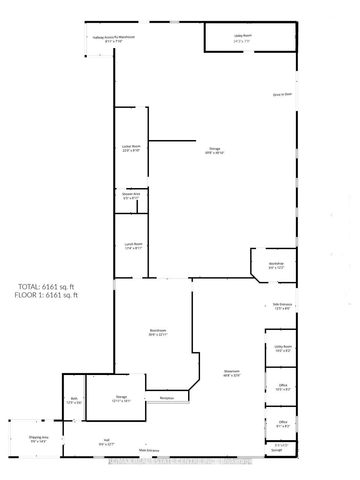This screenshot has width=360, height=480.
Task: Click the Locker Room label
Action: (x=131, y=146)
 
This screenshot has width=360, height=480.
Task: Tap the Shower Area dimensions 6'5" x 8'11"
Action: (x=131, y=198)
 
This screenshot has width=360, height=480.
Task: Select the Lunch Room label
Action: (x=133, y=244)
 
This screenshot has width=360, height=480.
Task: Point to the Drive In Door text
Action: (x=282, y=94)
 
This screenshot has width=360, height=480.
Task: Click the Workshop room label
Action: (x=276, y=263)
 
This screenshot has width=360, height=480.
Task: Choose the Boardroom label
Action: (x=158, y=330)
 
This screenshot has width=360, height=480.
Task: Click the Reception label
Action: (x=167, y=398)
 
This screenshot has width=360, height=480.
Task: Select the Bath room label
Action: (x=74, y=398)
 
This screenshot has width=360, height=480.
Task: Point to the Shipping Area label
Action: (x=38, y=437)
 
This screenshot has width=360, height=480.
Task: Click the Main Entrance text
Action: (x=149, y=450)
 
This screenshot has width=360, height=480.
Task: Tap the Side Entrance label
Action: (x=282, y=304)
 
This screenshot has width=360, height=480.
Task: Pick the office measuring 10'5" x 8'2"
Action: (x=283, y=387)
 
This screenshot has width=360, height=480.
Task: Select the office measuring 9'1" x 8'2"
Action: (x=283, y=424)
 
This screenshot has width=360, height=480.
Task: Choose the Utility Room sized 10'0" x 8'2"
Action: (x=283, y=348)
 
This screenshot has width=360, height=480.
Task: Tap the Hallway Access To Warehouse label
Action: (x=114, y=37)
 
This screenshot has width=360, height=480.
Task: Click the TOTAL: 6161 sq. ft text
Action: (x=46, y=287)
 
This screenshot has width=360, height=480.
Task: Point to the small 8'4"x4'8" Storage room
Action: (x=277, y=448)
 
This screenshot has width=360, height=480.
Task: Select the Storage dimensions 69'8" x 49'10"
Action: (x=215, y=153)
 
